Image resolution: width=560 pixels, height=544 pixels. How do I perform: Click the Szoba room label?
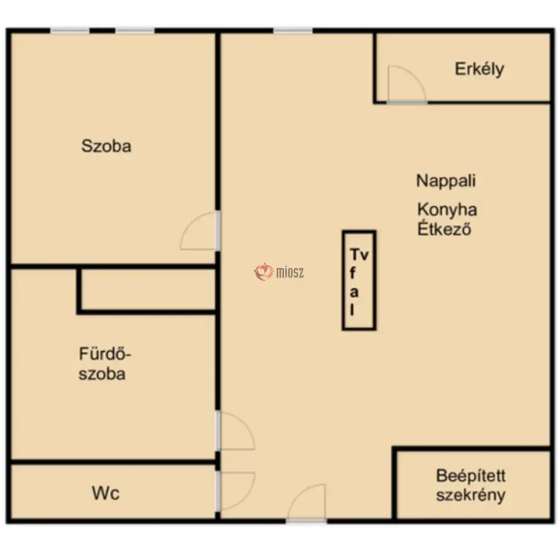[106, 146]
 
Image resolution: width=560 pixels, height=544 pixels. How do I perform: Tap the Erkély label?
[479, 69]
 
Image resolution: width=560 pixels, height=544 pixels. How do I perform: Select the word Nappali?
[446, 181]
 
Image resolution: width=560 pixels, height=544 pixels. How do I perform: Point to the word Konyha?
[447, 210]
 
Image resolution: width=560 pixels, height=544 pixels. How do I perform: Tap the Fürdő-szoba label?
[105, 364]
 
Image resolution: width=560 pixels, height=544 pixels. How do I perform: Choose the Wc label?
[105, 493]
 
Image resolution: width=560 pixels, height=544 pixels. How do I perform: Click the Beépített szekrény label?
[471, 485]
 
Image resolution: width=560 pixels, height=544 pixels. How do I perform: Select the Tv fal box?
[359, 280]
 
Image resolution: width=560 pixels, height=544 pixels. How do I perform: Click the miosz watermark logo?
[279, 272]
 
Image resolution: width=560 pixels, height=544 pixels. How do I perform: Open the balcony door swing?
[406, 84]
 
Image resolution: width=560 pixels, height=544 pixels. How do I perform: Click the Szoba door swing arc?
[199, 231]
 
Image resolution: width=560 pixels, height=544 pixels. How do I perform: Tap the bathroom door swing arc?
[236, 431]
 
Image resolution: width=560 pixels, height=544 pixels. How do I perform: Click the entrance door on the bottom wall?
[306, 503]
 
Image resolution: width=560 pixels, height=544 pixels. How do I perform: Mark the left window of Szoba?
[69, 31]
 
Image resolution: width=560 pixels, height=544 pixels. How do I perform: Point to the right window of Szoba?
[134, 31]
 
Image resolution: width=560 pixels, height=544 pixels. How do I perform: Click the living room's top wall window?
[293, 31]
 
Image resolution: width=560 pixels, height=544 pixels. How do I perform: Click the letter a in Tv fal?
[354, 292]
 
